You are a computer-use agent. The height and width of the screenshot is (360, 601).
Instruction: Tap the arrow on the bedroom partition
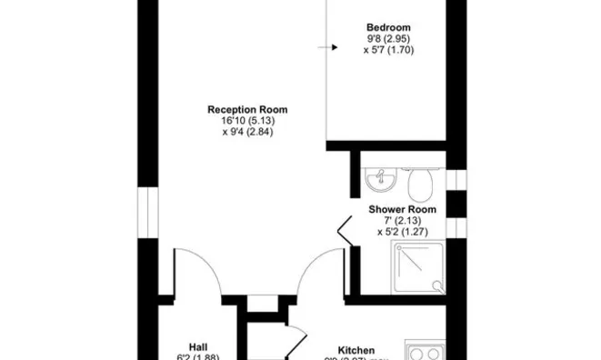[322, 48]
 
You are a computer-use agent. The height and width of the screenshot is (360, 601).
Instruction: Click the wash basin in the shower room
[378, 183]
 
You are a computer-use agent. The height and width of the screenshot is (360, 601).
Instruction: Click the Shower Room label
[402, 209]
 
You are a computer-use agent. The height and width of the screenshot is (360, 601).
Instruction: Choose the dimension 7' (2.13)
[402, 221]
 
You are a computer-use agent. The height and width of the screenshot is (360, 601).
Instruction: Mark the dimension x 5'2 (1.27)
[402, 232]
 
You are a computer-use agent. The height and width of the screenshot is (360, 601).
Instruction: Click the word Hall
[198, 346]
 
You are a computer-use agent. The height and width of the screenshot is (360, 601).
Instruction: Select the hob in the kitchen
[425, 351]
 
